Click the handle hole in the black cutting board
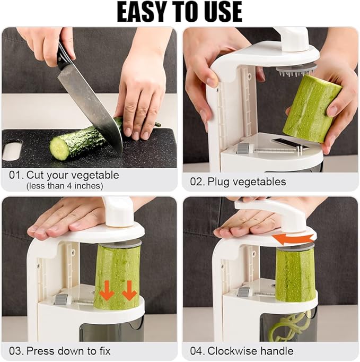click(x=12, y=150)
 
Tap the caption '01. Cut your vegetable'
click(x=64, y=175)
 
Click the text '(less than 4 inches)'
click(x=65, y=186)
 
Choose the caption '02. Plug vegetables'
click(x=238, y=182)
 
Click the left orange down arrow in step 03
click(x=107, y=290)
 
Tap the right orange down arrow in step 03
click(x=129, y=290)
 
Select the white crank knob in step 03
click(x=118, y=211)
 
